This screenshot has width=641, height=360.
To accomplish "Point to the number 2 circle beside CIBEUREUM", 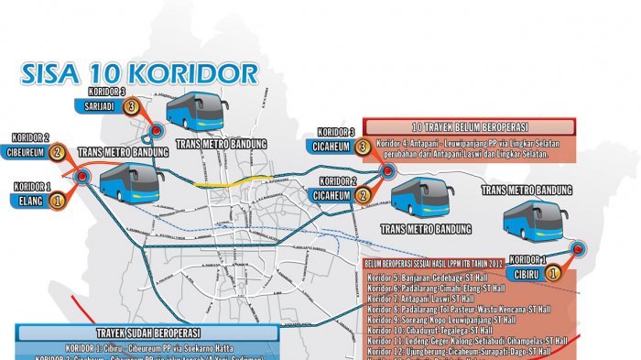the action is pos(58,152).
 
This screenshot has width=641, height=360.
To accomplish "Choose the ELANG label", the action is pos(30,199).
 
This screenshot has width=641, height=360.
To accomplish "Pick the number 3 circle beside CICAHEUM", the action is pos(363,146).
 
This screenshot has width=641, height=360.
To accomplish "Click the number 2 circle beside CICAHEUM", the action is pos(363,194).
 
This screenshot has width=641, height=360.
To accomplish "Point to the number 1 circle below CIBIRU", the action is pos(552,272).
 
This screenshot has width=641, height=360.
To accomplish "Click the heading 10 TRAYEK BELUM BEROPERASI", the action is pos(470,126).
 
